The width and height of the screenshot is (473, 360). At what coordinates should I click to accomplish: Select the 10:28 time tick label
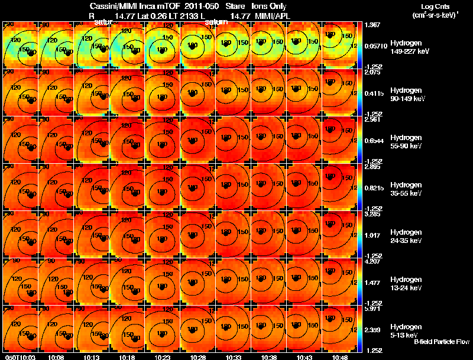tap(198, 357)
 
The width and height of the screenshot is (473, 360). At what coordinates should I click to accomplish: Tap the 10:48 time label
tap(340, 357)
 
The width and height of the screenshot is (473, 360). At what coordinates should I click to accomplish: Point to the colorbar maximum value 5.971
tap(372, 309)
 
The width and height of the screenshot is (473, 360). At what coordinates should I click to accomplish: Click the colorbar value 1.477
tap(372, 283)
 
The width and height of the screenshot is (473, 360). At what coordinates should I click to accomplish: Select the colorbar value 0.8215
tap(374, 188)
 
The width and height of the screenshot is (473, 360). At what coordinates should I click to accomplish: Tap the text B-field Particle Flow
tap(441, 342)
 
